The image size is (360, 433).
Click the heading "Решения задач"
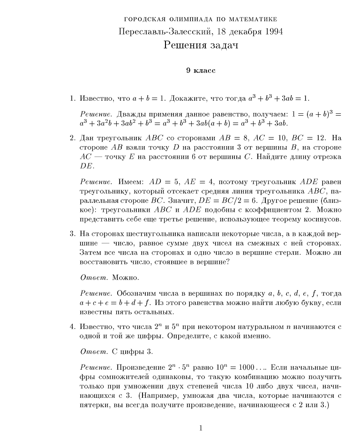(201, 45)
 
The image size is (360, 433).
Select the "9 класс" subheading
(201, 71)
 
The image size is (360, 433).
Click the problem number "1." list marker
(73, 98)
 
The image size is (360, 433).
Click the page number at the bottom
(201, 427)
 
